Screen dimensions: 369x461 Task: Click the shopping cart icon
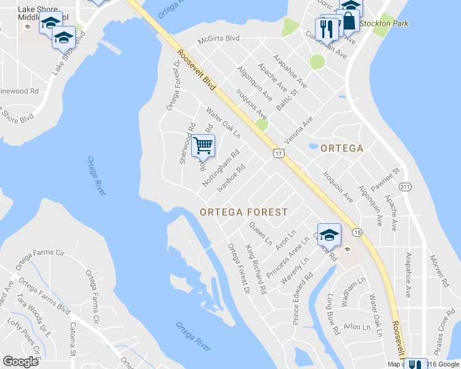[x=203, y=146]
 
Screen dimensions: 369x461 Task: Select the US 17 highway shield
[x=279, y=154]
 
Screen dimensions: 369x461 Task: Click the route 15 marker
[x=357, y=232]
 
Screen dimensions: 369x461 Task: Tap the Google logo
[x=20, y=362]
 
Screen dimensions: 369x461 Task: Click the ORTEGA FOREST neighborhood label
[x=243, y=212]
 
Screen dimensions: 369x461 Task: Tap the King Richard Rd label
[x=256, y=269]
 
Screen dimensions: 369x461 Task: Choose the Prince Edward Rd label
[x=303, y=302]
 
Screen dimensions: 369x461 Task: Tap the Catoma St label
[x=73, y=338]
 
